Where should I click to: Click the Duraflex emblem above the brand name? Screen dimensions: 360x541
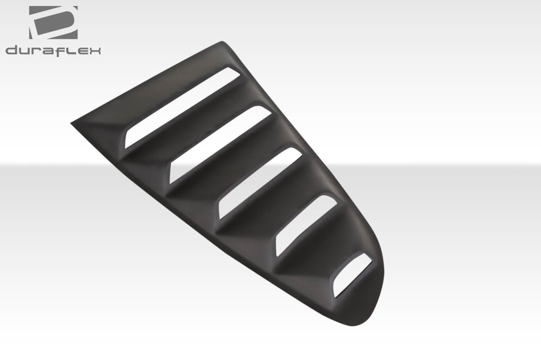click(53, 23)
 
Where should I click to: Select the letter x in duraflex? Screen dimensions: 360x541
click(95, 51)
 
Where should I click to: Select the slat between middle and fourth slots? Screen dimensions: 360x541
click(275, 213)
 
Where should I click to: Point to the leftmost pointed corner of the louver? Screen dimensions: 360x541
click(72, 123)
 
